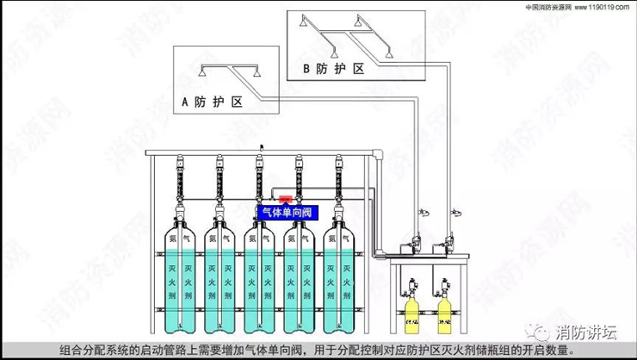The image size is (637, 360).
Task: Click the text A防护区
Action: (x=212, y=101)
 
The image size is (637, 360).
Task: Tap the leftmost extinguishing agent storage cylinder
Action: (x=182, y=276)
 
